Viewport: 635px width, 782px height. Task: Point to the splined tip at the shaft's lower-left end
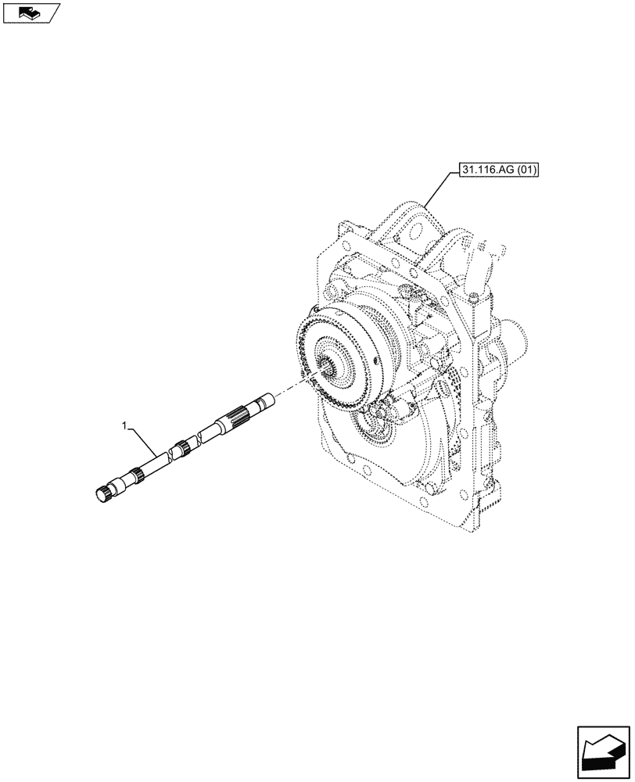(x=102, y=493)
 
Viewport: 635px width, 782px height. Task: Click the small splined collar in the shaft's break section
(x=182, y=448)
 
